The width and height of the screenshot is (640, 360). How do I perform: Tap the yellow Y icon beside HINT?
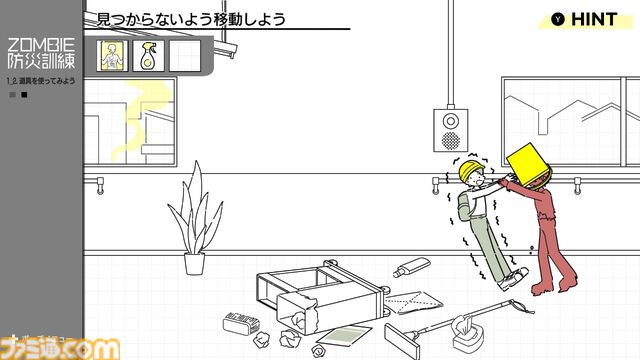click(x=557, y=18)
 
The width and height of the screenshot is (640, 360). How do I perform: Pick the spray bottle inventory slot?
click(x=148, y=55)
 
